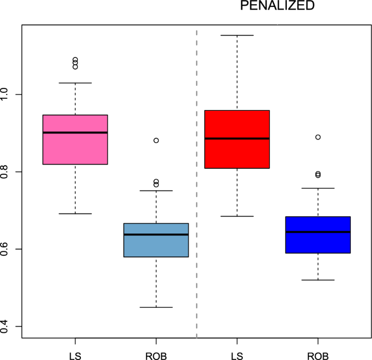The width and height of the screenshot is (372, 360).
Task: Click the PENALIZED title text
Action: tap(278, 6)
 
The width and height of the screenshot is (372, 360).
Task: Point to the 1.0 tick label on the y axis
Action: tap(7, 94)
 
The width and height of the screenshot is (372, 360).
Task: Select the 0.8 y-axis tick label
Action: tap(7, 172)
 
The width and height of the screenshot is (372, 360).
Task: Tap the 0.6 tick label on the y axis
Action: tap(7, 249)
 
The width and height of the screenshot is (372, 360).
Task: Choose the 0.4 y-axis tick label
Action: tap(7, 326)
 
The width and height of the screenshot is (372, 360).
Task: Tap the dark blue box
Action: tap(318, 242)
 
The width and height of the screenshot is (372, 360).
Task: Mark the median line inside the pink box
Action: tap(75, 132)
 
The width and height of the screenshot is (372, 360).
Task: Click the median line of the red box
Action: tap(237, 138)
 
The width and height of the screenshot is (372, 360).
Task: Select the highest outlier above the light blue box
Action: tap(156, 140)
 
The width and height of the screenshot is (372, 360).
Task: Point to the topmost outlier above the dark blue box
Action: tap(318, 137)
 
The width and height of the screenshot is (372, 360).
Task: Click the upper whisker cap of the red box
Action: tap(237, 35)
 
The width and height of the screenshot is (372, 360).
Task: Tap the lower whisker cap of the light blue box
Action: tap(156, 307)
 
